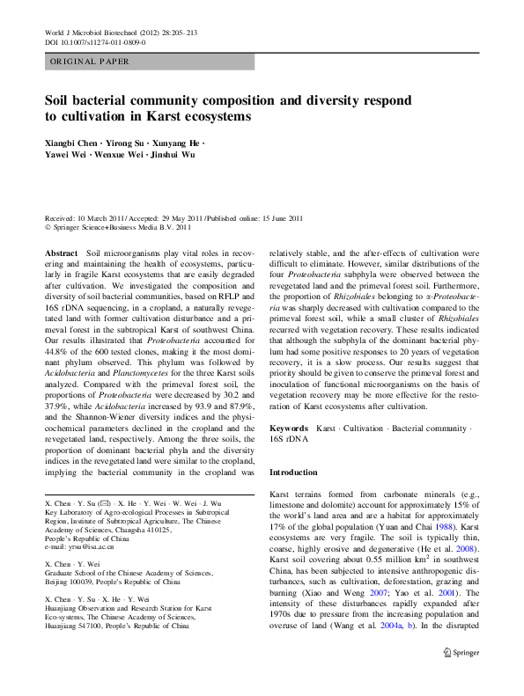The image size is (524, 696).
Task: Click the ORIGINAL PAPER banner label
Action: pyautogui.click(x=89, y=62)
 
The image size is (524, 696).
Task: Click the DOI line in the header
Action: pyautogui.click(x=94, y=41)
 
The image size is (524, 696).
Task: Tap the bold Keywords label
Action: pyautogui.click(x=289, y=428)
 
